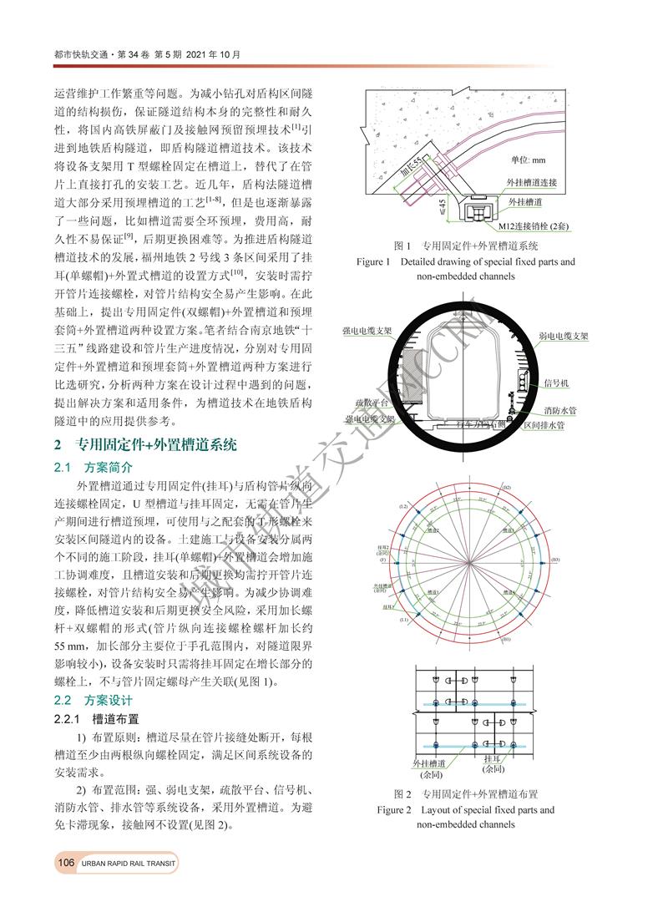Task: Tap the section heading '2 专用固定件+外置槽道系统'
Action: pos(146,444)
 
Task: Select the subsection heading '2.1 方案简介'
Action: pos(93,468)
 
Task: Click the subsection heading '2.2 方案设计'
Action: pos(93,699)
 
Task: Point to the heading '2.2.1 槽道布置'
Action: pos(97,718)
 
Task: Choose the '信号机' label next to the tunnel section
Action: pos(556,382)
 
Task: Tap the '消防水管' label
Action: pos(560,410)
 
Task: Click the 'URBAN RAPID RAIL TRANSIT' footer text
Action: pos(125,863)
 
